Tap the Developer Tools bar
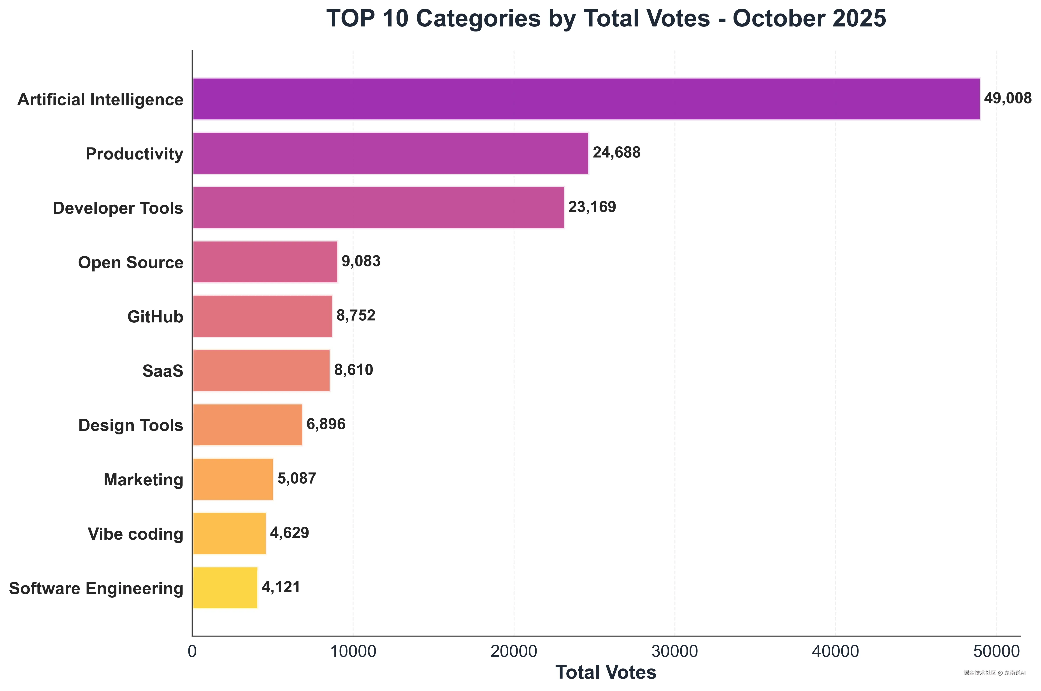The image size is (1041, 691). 378,208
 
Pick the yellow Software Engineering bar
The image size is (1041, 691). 225,588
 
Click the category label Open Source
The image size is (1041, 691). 130,263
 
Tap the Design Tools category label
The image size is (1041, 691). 130,425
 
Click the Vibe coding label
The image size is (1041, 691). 135,534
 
